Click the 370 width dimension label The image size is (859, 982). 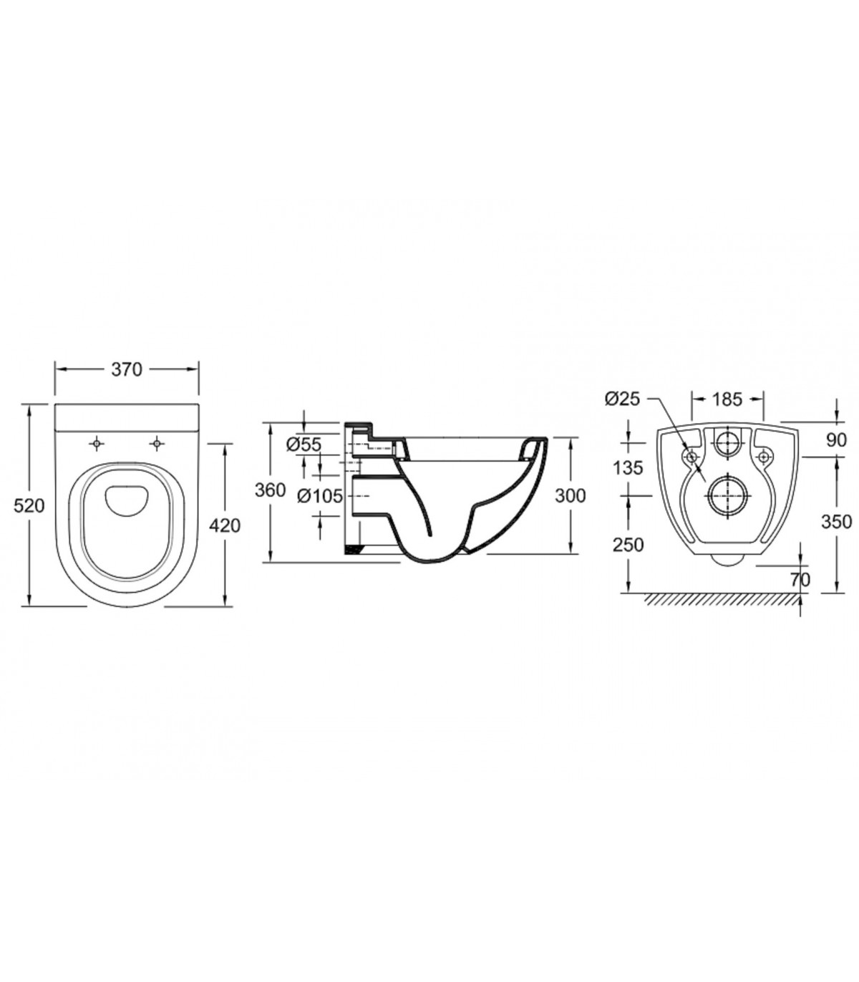(x=127, y=369)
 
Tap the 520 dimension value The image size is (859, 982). (x=29, y=506)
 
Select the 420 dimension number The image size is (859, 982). (x=225, y=525)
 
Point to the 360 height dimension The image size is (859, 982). (x=271, y=490)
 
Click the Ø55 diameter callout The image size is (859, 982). (x=304, y=444)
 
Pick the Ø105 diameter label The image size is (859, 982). (x=319, y=496)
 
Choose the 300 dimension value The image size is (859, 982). (x=570, y=496)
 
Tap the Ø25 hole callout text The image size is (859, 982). (x=622, y=399)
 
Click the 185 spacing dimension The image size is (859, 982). (x=727, y=399)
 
